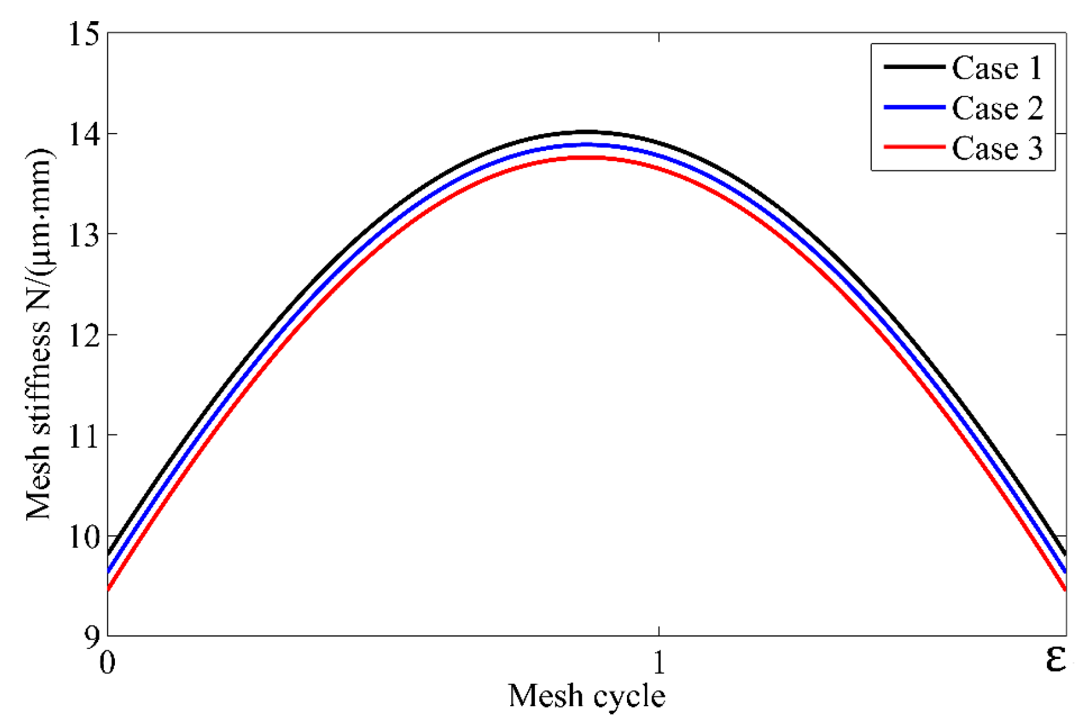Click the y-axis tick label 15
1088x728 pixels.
84,34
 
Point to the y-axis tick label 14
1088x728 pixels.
84,134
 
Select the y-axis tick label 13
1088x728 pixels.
84,235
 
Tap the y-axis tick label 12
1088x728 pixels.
84,336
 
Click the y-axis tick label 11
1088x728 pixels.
84,436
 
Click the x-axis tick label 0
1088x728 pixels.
107,663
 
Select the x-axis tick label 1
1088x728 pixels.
659,663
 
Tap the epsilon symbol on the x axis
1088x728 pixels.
1056,659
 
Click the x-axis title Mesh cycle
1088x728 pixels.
587,696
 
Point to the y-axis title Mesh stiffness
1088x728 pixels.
39,334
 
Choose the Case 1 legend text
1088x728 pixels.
997,68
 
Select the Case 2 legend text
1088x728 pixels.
997,108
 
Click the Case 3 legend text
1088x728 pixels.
997,149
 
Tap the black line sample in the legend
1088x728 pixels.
914,67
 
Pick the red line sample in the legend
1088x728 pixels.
914,147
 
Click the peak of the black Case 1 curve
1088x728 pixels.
587,132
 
